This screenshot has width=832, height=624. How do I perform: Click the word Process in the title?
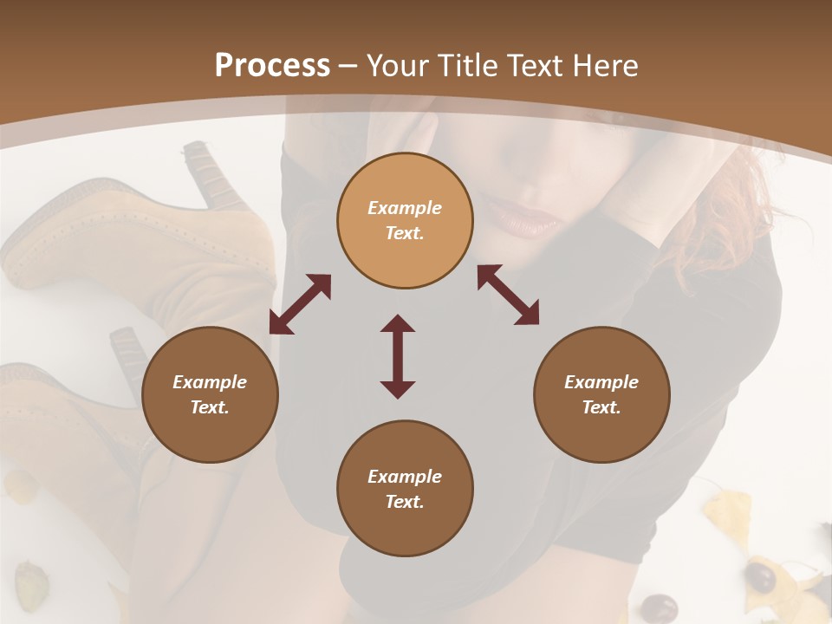point(272,66)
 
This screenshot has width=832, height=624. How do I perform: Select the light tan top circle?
point(405,220)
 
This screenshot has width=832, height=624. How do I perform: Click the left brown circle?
point(210,394)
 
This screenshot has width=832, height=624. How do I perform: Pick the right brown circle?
point(601,394)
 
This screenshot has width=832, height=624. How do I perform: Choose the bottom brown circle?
point(405,489)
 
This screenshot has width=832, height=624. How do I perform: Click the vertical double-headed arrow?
point(398,356)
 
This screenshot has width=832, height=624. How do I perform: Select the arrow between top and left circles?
point(300,304)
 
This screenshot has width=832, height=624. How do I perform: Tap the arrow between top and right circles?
point(508,295)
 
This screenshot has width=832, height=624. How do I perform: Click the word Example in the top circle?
point(405,208)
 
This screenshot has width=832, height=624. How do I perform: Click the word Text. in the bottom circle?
point(405,502)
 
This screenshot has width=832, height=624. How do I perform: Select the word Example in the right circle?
point(601,382)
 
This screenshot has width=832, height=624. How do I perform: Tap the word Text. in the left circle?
point(210,407)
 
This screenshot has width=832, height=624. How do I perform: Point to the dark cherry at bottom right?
point(762,576)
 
